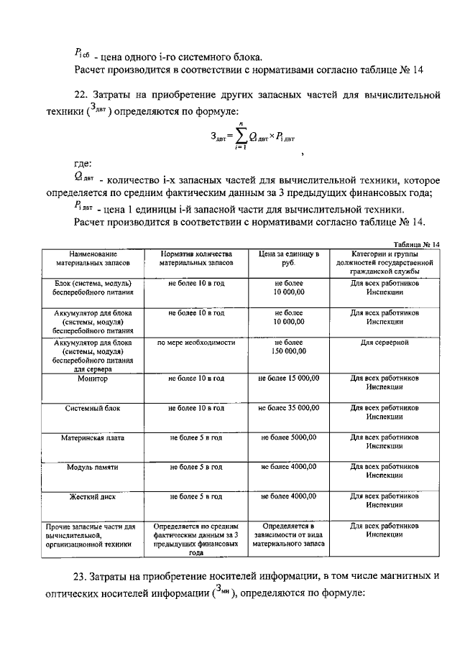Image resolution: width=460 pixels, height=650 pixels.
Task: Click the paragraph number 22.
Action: coord(82,95)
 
